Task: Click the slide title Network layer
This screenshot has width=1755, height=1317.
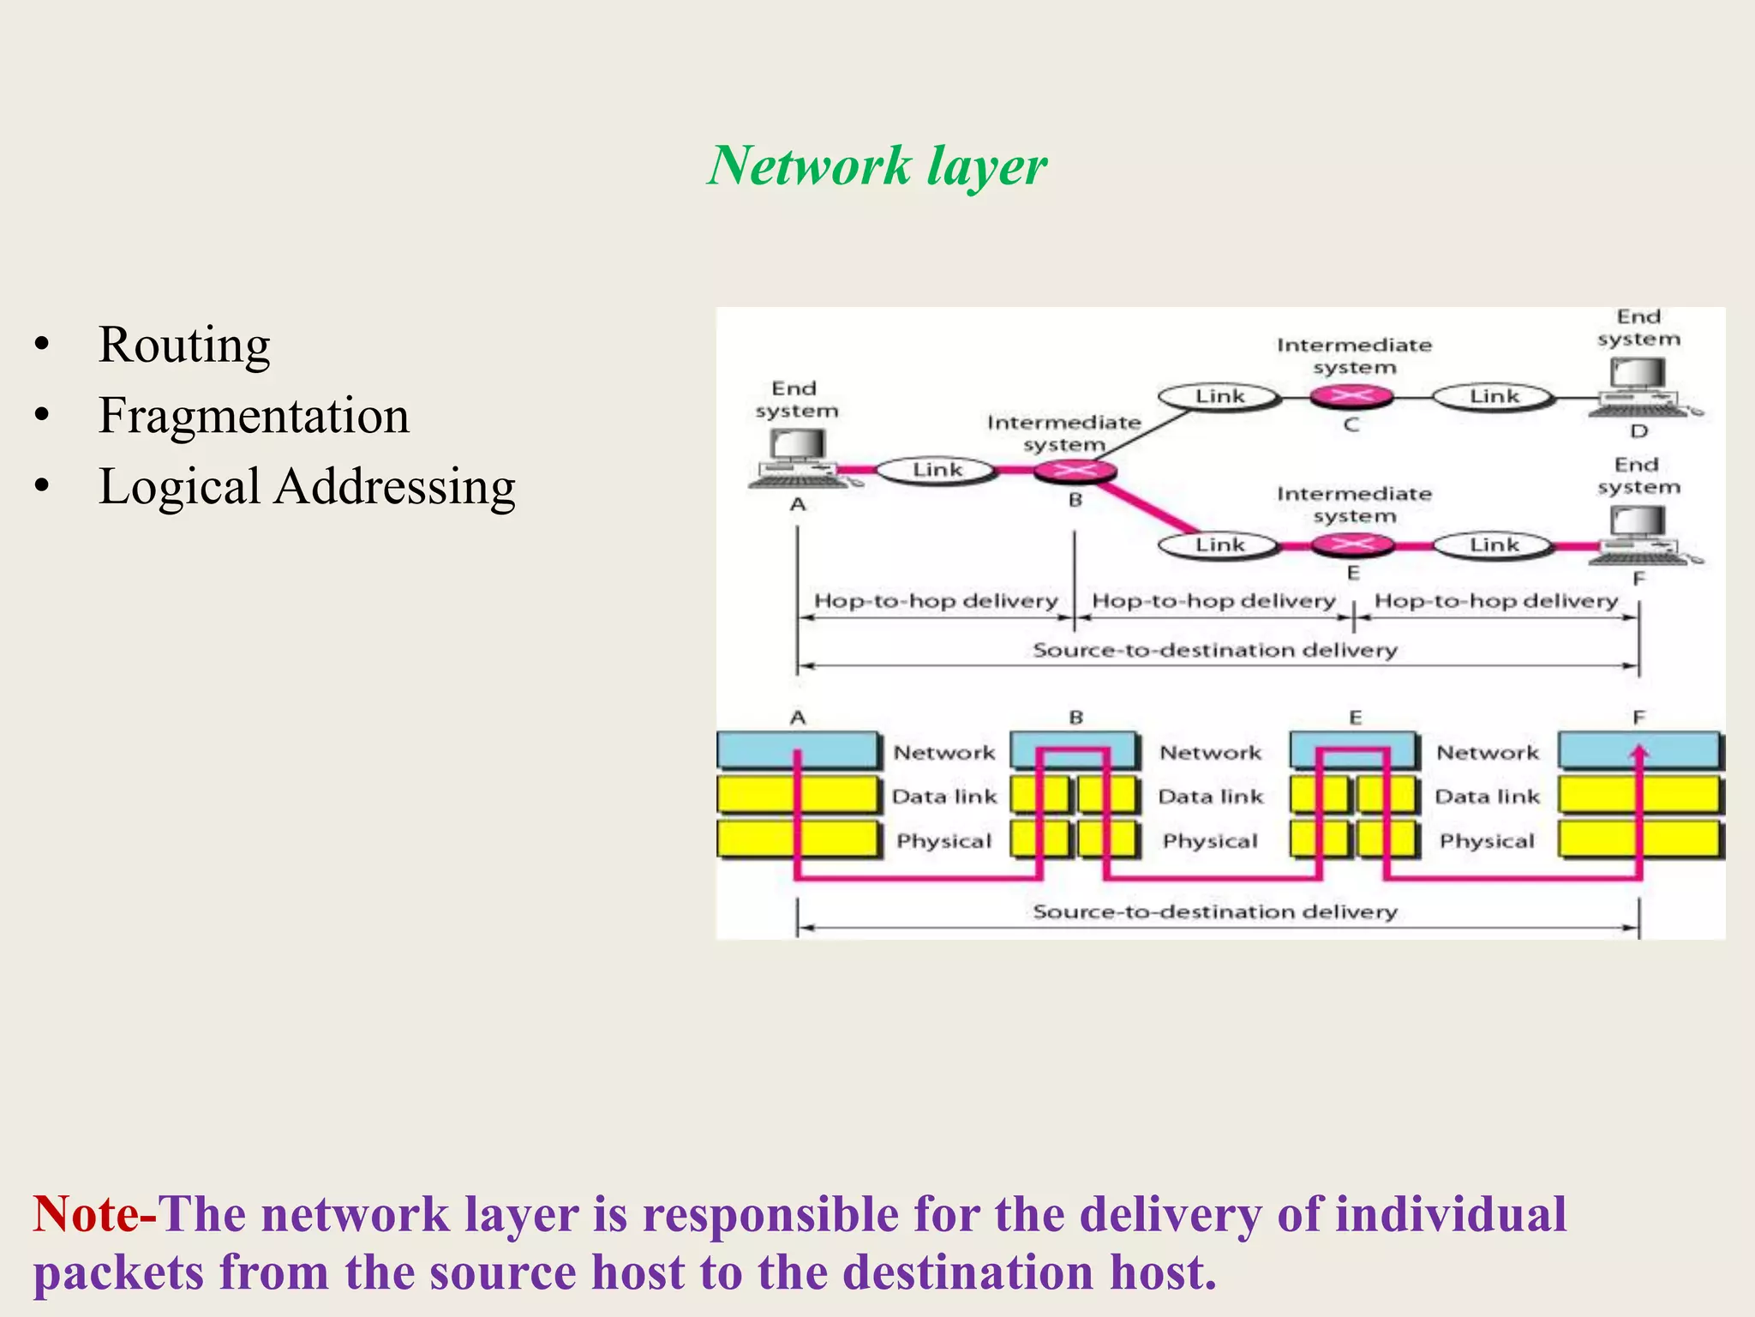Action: click(x=877, y=165)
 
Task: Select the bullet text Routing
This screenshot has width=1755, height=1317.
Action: click(x=184, y=345)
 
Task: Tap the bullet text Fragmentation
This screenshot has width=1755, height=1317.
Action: click(x=254, y=416)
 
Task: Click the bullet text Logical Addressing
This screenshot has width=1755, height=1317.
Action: click(x=307, y=487)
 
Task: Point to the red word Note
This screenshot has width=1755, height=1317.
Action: click(x=85, y=1214)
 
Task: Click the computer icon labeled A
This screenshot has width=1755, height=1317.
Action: click(x=797, y=459)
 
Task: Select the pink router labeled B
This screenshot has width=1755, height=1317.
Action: click(x=1075, y=470)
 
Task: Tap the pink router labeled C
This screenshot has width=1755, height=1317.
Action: click(x=1351, y=396)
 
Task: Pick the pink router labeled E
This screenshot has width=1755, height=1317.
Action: click(x=1352, y=544)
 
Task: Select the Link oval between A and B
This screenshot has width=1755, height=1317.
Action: click(x=937, y=470)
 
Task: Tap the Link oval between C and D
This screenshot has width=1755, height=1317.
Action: click(x=1494, y=396)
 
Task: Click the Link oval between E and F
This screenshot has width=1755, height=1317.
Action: click(x=1494, y=544)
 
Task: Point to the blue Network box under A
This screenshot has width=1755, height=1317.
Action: click(x=797, y=750)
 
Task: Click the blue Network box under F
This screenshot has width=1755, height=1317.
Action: click(x=1638, y=750)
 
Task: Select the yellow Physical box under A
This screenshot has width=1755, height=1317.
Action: click(x=797, y=839)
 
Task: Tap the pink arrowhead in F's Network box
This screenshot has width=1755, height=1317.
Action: click(x=1639, y=753)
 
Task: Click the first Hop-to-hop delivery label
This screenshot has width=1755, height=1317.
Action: click(x=935, y=600)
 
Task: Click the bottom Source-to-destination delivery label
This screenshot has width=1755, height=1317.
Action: click(x=1214, y=911)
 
